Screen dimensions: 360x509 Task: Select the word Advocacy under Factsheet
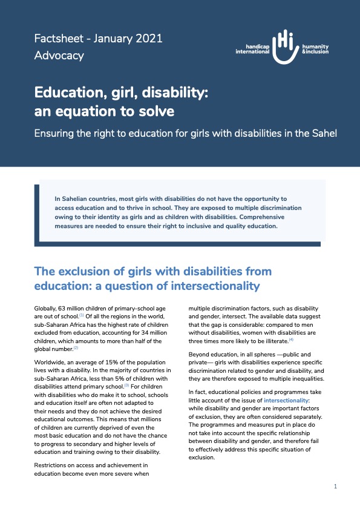59,56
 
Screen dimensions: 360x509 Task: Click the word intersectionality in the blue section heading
208,286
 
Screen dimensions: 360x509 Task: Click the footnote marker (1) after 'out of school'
81,315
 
